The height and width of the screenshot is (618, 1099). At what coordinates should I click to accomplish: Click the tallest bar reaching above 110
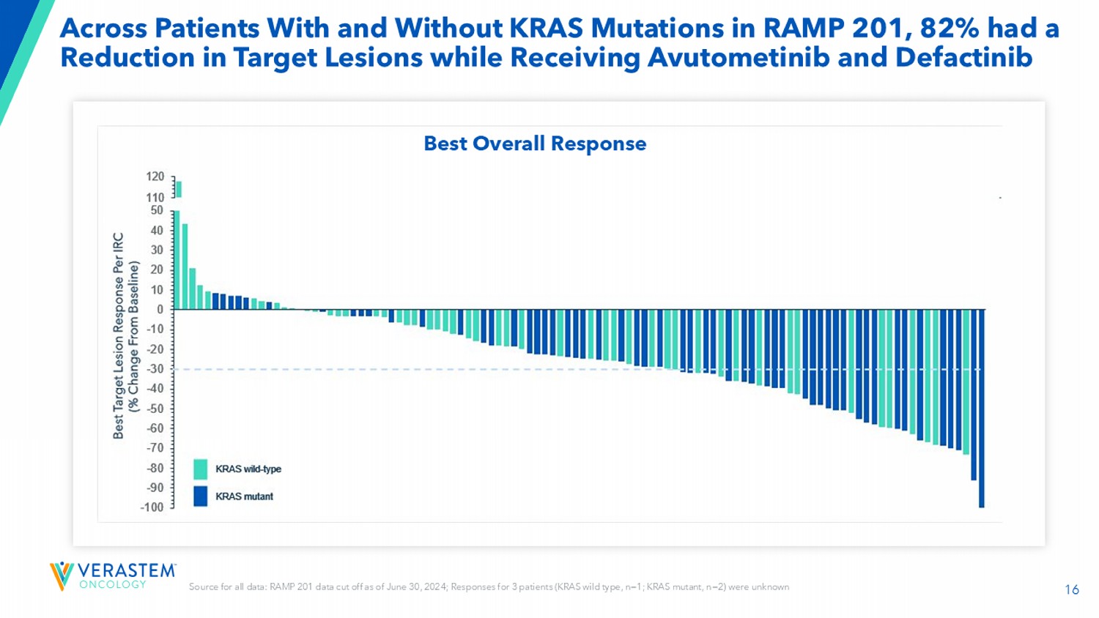[179, 189]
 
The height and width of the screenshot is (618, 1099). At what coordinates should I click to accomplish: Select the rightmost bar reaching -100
[982, 408]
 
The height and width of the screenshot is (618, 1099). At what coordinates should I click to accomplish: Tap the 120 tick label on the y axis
[155, 176]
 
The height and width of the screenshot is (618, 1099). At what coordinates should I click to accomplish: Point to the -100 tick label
[152, 507]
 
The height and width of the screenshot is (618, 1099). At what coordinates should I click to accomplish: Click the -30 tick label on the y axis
[155, 368]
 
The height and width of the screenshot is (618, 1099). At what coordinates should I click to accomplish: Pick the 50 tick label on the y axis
[157, 210]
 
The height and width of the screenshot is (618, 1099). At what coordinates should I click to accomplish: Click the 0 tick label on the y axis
[160, 309]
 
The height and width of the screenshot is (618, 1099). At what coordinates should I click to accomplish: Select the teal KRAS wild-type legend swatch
[200, 469]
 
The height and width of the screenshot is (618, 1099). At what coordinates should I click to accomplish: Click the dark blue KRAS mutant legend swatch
[200, 496]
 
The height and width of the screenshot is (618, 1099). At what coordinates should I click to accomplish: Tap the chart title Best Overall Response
[535, 144]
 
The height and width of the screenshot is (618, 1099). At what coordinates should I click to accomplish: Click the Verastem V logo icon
[62, 576]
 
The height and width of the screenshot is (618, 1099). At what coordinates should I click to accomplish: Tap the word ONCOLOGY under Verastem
[112, 584]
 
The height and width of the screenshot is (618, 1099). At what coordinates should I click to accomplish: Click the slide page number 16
[1071, 589]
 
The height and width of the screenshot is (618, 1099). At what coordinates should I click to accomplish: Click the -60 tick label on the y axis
[155, 428]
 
